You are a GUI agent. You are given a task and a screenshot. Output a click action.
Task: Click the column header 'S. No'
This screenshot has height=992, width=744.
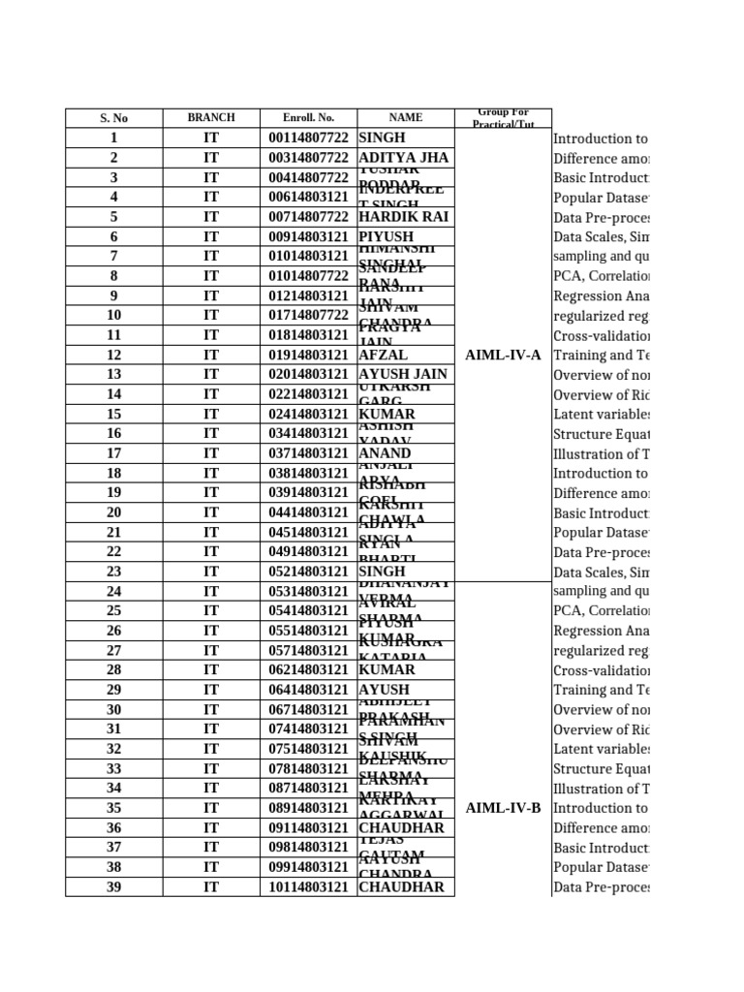[x=113, y=118]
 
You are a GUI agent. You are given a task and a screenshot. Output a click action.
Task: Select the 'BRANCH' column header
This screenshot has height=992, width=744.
[x=211, y=118]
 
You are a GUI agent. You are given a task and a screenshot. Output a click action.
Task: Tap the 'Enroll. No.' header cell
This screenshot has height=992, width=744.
[x=308, y=118]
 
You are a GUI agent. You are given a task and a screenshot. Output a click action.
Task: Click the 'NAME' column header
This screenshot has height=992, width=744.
[x=406, y=118]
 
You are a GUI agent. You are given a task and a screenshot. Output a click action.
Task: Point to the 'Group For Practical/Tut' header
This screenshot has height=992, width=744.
[x=503, y=118]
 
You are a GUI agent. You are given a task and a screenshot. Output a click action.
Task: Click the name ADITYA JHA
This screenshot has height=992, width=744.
[x=404, y=158]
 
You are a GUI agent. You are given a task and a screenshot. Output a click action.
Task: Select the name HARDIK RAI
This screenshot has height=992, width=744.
[x=404, y=217]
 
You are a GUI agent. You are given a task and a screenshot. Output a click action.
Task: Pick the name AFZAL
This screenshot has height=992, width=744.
[x=384, y=356]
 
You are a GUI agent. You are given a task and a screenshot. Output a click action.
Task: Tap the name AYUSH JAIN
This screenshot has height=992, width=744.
[x=404, y=375]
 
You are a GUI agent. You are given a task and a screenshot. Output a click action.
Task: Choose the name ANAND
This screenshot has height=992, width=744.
[x=386, y=453]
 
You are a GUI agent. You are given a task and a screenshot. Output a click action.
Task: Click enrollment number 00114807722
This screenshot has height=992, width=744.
[x=308, y=139]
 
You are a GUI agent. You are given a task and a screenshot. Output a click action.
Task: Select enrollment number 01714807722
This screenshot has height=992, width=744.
[x=308, y=316]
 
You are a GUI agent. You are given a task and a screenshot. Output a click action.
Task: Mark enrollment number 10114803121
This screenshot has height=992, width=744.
[x=308, y=887]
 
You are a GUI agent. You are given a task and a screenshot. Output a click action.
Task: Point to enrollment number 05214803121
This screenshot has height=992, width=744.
[x=308, y=572]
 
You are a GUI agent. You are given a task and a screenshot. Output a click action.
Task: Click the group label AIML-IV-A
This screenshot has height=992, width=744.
[x=503, y=356]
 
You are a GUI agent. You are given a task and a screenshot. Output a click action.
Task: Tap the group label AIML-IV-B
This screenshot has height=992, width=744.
[x=503, y=808]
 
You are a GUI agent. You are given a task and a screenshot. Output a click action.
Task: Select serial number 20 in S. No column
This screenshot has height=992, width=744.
[x=113, y=512]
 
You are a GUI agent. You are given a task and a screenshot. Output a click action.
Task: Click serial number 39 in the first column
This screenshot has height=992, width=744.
[x=113, y=887]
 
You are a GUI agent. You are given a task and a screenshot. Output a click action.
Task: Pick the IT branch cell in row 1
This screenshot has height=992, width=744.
[x=211, y=139]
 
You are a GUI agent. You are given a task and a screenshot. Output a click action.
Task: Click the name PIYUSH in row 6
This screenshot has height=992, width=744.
[x=387, y=237]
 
